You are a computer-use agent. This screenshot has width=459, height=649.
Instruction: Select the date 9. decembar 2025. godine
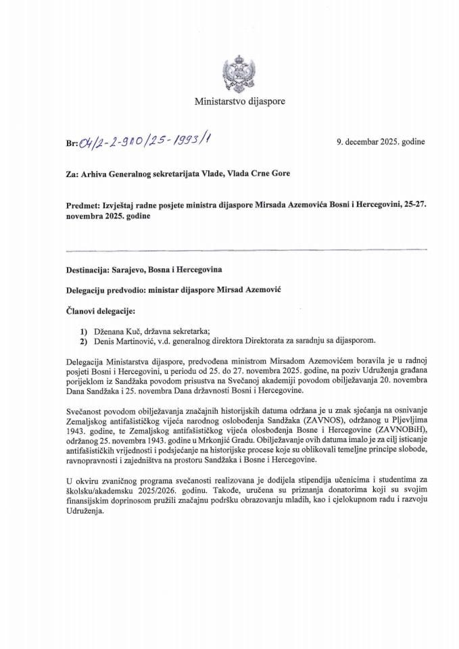tap(381, 141)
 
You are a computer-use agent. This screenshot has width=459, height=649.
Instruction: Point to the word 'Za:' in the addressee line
tap(65, 173)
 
